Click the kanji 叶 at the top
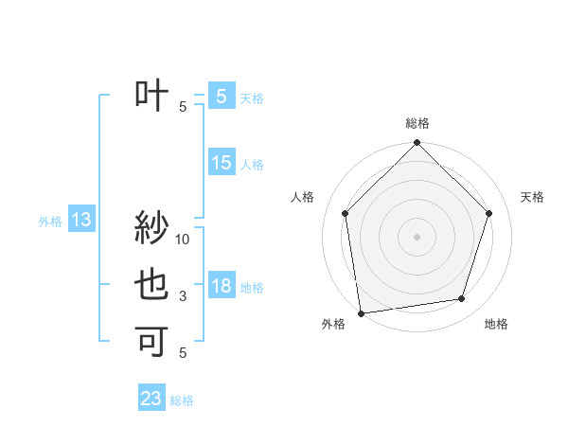[151, 95]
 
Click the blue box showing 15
[222, 163]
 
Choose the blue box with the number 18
[222, 286]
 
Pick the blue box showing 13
[80, 221]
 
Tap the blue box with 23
[151, 399]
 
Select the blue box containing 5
[222, 96]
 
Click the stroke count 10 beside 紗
[183, 240]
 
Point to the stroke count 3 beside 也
[183, 296]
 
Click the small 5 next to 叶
[183, 107]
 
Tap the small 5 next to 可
[183, 352]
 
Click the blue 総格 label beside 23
[182, 400]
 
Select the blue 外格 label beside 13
[50, 222]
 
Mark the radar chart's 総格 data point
[417, 144]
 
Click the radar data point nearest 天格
[489, 213]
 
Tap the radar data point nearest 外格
[361, 312]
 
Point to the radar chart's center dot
[417, 236]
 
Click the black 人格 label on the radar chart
[303, 197]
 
